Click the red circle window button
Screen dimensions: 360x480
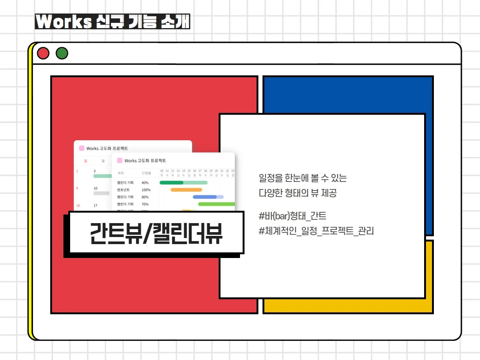click(x=43, y=53)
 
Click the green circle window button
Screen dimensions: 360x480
click(x=62, y=53)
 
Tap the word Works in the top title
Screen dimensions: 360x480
click(x=64, y=22)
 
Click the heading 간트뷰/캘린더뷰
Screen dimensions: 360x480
click(x=156, y=233)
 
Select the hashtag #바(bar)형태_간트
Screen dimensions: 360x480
click(x=292, y=216)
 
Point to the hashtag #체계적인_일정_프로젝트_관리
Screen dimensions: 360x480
click(x=316, y=231)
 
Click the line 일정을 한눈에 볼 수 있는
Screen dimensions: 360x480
click(x=303, y=178)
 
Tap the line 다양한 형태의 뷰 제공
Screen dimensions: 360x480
click(x=298, y=193)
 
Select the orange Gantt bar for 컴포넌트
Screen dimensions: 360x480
click(x=186, y=190)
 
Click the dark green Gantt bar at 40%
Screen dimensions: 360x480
click(x=171, y=183)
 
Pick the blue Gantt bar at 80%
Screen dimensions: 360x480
click(x=205, y=197)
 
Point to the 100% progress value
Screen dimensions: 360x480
click(x=146, y=190)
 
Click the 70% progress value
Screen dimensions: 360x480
click(x=145, y=204)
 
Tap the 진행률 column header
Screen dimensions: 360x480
click(x=146, y=173)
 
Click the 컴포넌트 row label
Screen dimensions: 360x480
click(x=123, y=190)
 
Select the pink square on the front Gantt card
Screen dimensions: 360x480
click(x=120, y=160)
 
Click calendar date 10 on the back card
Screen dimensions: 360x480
click(x=95, y=188)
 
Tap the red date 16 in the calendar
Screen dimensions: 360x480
click(x=78, y=205)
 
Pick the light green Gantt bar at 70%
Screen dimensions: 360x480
click(x=216, y=204)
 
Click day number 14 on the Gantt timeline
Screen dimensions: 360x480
click(x=183, y=171)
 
